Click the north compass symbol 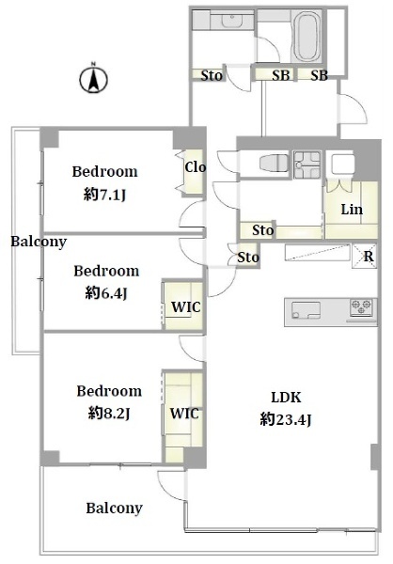tap(93, 78)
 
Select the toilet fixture tap(274, 164)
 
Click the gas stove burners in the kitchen tap(362, 307)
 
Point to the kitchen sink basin tap(306, 310)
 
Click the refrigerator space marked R tap(364, 256)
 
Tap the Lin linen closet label tap(352, 210)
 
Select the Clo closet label tap(196, 167)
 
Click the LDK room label tap(286, 398)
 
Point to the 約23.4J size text tap(286, 419)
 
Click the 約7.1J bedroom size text tap(104, 195)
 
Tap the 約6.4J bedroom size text tap(106, 293)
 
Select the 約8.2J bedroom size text tap(109, 414)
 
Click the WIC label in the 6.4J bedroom tap(186, 306)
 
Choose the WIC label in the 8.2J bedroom tap(184, 414)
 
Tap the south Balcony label tap(115, 509)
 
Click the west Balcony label tap(39, 242)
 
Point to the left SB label tap(280, 75)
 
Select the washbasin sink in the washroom tap(231, 19)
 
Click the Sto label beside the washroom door tap(212, 75)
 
